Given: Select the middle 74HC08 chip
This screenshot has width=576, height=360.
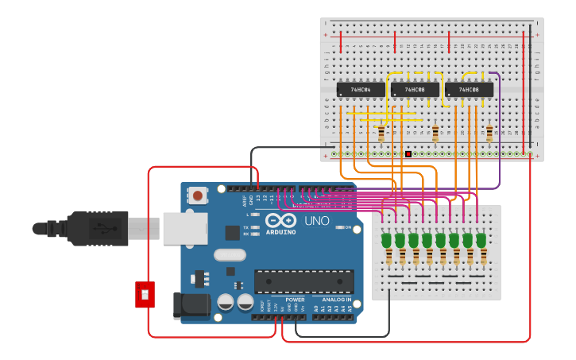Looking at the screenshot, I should (414, 90).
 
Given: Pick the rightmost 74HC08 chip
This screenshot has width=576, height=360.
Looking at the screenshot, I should (469, 90).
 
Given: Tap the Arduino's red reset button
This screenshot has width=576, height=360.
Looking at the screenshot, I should (198, 193).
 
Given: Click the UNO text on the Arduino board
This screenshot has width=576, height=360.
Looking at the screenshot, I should (317, 220).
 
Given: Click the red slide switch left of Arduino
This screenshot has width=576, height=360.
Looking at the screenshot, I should (144, 294).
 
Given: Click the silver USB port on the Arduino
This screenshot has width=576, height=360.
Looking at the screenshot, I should (184, 228).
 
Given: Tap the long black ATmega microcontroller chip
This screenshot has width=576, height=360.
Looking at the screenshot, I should (303, 281).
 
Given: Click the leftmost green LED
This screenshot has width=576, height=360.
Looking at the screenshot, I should (387, 240).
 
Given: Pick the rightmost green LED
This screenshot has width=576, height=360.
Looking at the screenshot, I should (481, 240).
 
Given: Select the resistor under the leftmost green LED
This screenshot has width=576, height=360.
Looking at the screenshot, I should (389, 257).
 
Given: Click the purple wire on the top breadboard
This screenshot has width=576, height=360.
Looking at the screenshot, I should (499, 127).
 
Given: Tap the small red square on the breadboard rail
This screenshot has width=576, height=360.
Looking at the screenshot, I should (408, 154).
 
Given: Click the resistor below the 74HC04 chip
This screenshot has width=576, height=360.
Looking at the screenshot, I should (381, 134).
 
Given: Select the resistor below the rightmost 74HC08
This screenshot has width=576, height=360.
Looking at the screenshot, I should (489, 134).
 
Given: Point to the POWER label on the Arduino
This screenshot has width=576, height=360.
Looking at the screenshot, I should (295, 300).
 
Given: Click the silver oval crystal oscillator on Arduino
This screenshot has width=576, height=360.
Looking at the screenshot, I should (230, 255).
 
